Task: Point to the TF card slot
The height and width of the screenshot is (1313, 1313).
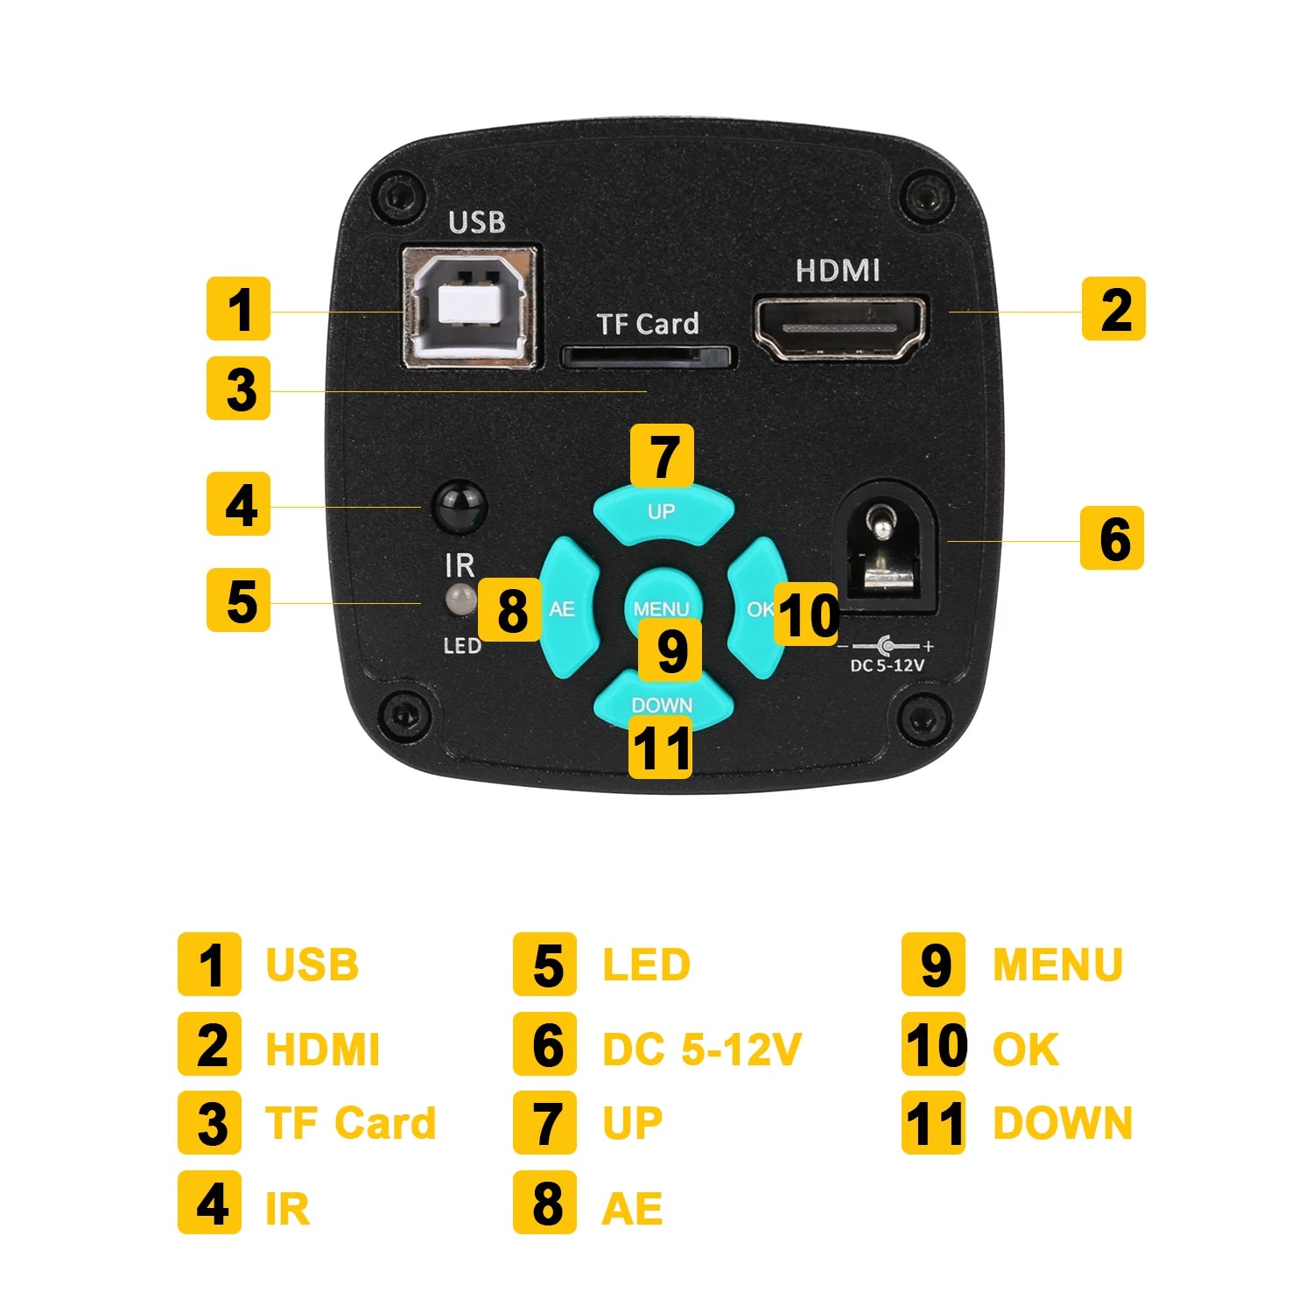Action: pyautogui.click(x=647, y=356)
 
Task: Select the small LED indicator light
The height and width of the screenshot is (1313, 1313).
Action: pyautogui.click(x=460, y=600)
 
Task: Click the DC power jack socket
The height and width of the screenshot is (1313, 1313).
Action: pyautogui.click(x=888, y=548)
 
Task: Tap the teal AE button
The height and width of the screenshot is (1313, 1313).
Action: pyautogui.click(x=567, y=608)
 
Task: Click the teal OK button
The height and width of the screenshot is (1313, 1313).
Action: pyautogui.click(x=756, y=608)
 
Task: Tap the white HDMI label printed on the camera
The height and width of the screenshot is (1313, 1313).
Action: pyautogui.click(x=838, y=271)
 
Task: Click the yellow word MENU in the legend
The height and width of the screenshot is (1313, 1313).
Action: pyautogui.click(x=1057, y=965)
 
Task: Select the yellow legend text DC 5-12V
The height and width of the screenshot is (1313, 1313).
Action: pyautogui.click(x=701, y=1049)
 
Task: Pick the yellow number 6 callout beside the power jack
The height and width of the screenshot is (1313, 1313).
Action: pyautogui.click(x=1112, y=537)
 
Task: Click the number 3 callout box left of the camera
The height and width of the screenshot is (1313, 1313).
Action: pyautogui.click(x=238, y=388)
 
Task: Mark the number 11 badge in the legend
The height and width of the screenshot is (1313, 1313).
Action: pyautogui.click(x=933, y=1122)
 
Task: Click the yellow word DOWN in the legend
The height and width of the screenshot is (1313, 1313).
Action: pyautogui.click(x=1063, y=1123)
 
